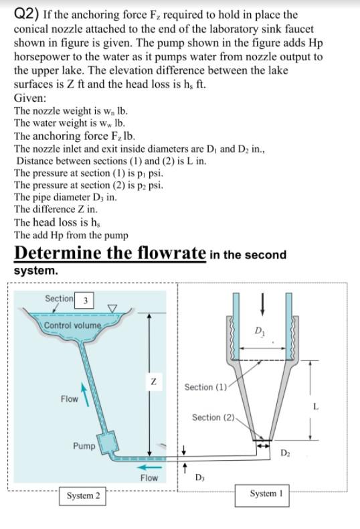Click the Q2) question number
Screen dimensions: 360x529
click(26, 15)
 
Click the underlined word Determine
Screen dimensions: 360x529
click(58, 252)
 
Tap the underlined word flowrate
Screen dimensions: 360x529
click(172, 252)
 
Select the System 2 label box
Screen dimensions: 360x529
click(82, 496)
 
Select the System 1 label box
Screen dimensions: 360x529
click(262, 496)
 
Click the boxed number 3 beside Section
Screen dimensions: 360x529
click(84, 299)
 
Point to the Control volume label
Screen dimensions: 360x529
click(73, 325)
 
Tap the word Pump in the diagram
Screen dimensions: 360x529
click(84, 446)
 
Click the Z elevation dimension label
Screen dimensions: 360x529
click(153, 382)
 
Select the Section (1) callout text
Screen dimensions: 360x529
click(205, 387)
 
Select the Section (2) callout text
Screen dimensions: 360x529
click(213, 418)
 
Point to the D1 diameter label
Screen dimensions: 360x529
click(260, 331)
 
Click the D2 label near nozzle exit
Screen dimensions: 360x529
click(285, 452)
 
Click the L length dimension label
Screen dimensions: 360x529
click(316, 406)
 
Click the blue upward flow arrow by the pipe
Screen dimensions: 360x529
click(85, 394)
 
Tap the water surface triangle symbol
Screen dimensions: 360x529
click(112, 308)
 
